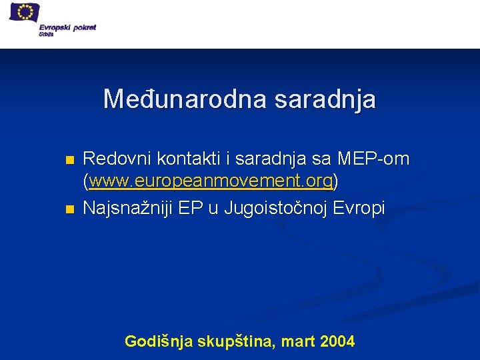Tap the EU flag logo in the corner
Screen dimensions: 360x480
point(25,13)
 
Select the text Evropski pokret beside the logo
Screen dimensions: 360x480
point(71,27)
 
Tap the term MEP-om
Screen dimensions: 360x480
point(373,159)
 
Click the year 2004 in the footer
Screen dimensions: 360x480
point(337,342)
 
